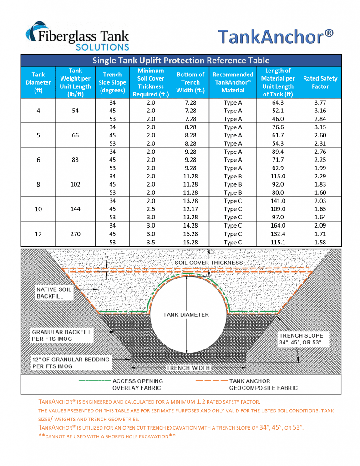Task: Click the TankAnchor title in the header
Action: click(x=274, y=36)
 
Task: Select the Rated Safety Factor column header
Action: click(x=320, y=82)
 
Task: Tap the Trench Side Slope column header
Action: click(x=112, y=82)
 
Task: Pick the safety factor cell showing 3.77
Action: click(x=320, y=103)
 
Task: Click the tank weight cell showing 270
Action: click(x=75, y=234)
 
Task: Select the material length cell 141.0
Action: click(x=278, y=201)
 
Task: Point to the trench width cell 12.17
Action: click(x=191, y=209)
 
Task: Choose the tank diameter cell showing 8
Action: click(x=38, y=184)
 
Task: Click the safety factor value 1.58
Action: click(x=320, y=243)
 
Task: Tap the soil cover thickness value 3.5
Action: click(x=151, y=243)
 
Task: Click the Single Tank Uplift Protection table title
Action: click(x=181, y=61)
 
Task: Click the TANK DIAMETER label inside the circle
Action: click(x=186, y=314)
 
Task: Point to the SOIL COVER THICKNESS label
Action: click(x=209, y=263)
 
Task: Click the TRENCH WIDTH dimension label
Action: click(x=188, y=368)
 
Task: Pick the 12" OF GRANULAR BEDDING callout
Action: click(x=71, y=363)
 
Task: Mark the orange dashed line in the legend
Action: click(x=211, y=381)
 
